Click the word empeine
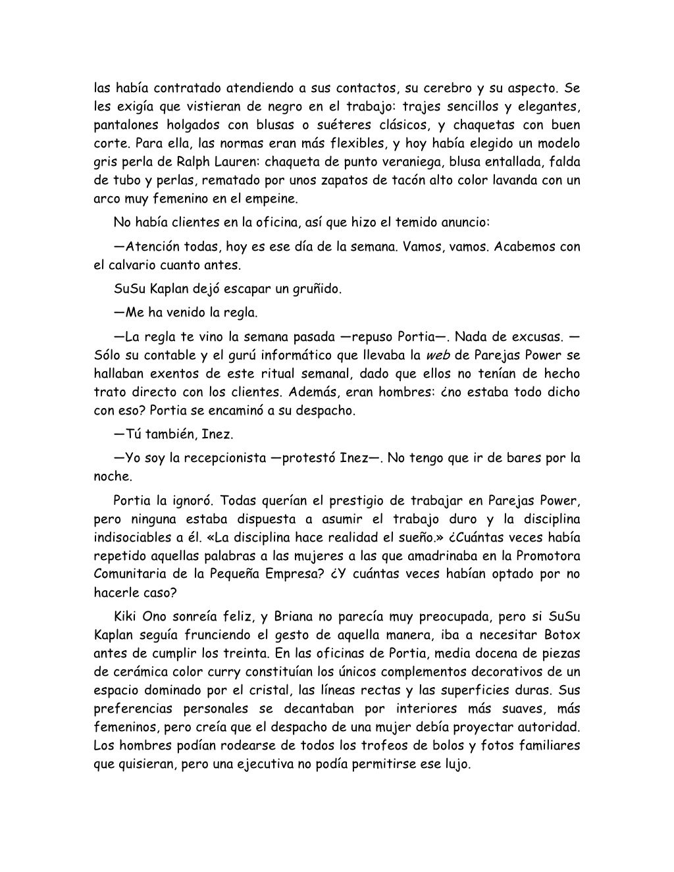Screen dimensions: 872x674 268,198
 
